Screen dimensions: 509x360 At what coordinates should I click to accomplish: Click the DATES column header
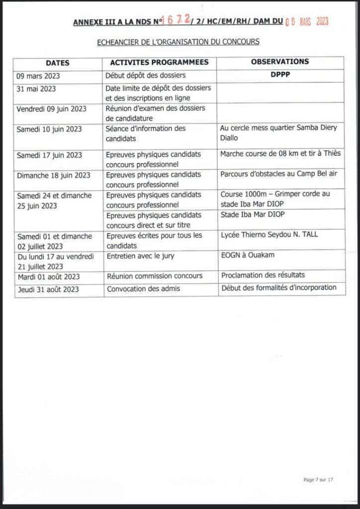[58, 63]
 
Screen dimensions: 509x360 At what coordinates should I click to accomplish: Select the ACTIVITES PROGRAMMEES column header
[156, 63]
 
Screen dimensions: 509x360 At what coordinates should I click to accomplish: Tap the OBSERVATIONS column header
[280, 62]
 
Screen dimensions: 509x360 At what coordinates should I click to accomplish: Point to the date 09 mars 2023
[38, 77]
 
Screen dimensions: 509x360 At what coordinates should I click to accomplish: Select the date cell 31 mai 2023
[36, 89]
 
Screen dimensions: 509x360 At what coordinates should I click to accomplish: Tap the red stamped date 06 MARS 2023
[307, 21]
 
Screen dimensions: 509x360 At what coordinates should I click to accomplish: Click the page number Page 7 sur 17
[318, 480]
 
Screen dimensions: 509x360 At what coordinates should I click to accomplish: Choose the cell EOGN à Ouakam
[247, 255]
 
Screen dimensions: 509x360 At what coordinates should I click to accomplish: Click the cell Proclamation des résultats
[263, 275]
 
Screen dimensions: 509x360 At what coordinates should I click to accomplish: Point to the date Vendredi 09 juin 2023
[52, 109]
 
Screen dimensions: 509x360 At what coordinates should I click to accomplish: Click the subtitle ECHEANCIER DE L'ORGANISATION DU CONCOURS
[178, 42]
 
